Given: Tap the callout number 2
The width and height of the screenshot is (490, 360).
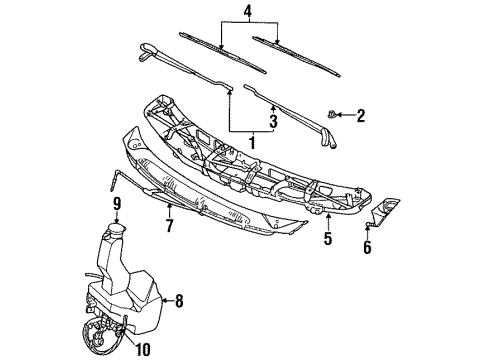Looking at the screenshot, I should [x=360, y=116].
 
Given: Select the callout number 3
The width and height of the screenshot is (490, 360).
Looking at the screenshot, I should [x=273, y=121].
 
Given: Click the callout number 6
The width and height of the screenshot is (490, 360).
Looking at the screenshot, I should [x=367, y=247].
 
